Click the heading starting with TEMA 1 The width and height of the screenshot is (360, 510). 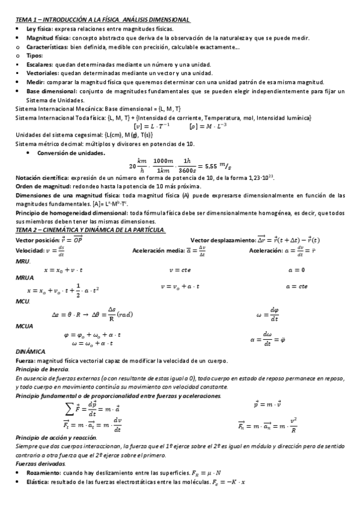(x=102, y=20)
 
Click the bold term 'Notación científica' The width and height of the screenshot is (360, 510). (x=41, y=178)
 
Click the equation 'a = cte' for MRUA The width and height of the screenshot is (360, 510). (x=297, y=287)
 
